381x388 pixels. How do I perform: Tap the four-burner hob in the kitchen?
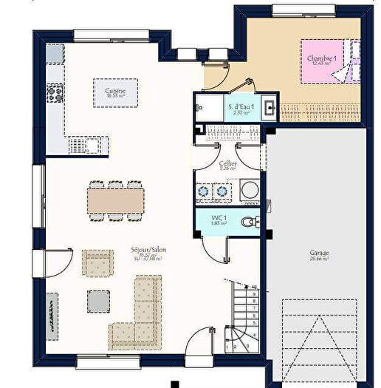click(55, 93)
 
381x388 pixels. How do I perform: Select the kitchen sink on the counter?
click(78, 146)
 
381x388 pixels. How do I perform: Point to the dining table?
click(115, 200)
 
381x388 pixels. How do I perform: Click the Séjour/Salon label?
click(148, 251)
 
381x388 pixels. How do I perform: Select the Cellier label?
click(227, 164)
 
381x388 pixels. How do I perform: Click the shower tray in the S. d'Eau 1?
click(209, 107)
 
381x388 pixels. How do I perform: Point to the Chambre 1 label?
click(323, 60)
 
